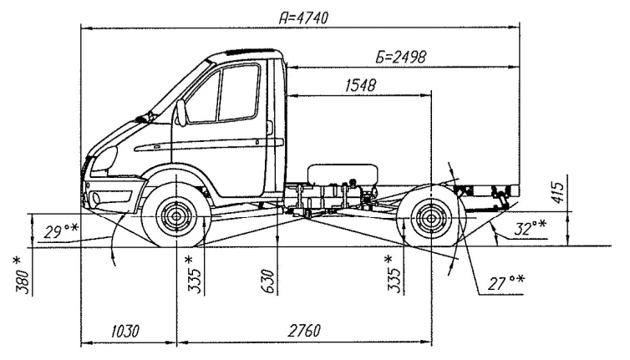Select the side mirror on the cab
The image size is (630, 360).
[180, 113]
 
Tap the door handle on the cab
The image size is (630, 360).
[271, 127]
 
